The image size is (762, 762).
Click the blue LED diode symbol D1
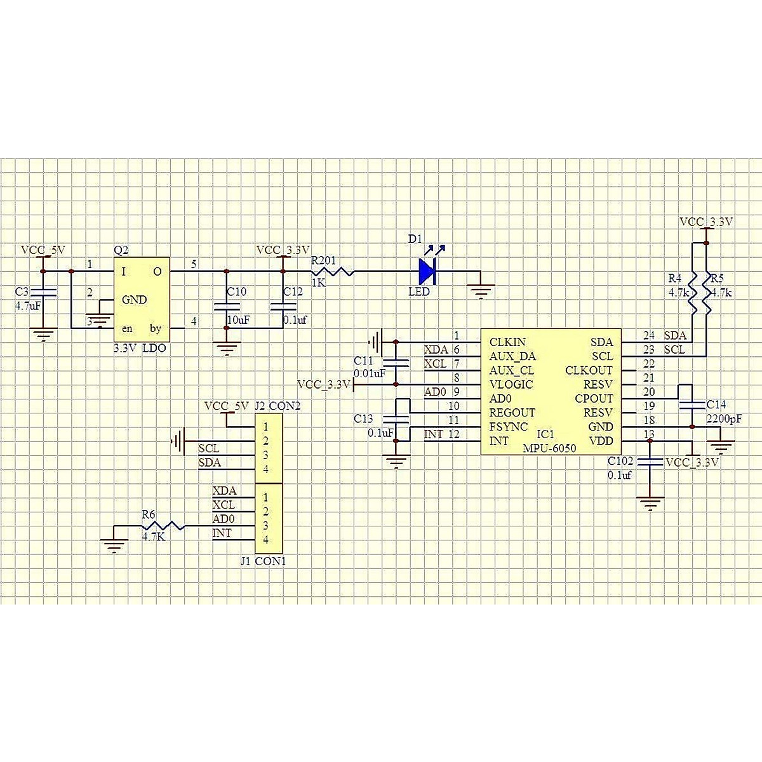click(427, 272)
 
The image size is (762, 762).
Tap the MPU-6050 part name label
click(549, 448)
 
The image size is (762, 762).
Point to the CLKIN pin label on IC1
click(506, 342)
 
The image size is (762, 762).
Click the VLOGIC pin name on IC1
click(511, 384)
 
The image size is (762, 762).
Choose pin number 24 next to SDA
click(648, 335)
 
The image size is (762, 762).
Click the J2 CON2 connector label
click(277, 406)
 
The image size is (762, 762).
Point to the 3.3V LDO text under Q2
click(140, 349)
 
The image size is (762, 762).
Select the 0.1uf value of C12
click(295, 321)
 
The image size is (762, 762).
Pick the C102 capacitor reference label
click(620, 462)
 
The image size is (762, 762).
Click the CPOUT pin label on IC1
click(594, 399)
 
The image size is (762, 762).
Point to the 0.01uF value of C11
click(370, 374)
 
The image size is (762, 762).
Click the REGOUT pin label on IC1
click(512, 413)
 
